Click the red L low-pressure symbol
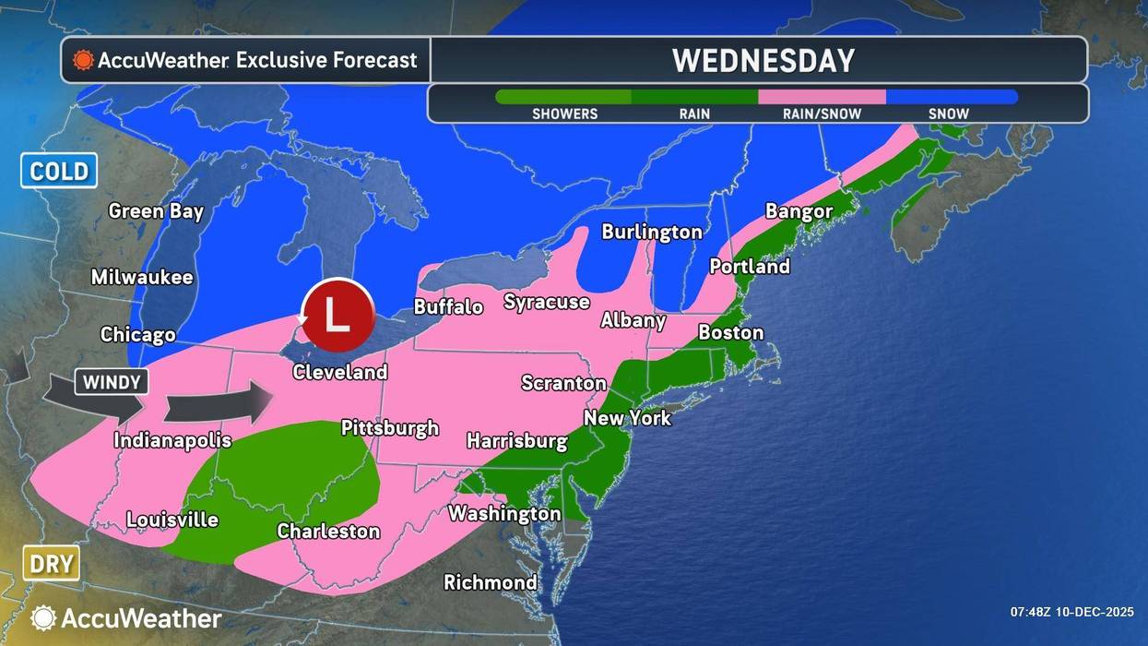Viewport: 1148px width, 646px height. coord(337,315)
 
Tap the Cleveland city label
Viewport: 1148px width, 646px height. coord(339,372)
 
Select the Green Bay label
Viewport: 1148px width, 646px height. coord(156,211)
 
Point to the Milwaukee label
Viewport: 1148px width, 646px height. coord(142,277)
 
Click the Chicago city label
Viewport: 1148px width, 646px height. coord(138,334)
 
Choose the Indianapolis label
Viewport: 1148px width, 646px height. coord(172,440)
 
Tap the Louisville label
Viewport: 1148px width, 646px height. coord(172,520)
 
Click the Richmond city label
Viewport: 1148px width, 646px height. coord(490,582)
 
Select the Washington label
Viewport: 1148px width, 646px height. coord(504,514)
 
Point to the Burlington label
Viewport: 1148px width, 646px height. coord(652,232)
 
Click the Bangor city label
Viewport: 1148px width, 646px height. coord(799,211)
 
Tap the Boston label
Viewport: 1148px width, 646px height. coord(730,332)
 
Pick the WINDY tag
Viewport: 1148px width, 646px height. coord(112,382)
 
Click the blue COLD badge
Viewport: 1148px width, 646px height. coord(59,171)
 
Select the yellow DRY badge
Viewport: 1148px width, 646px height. coord(52,562)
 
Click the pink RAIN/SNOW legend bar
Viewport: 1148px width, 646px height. coord(821,97)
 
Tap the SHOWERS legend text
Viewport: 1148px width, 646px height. coord(564,114)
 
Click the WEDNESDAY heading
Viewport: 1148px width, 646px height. coord(763,61)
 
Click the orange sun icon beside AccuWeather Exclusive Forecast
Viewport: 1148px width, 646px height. coord(84,61)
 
